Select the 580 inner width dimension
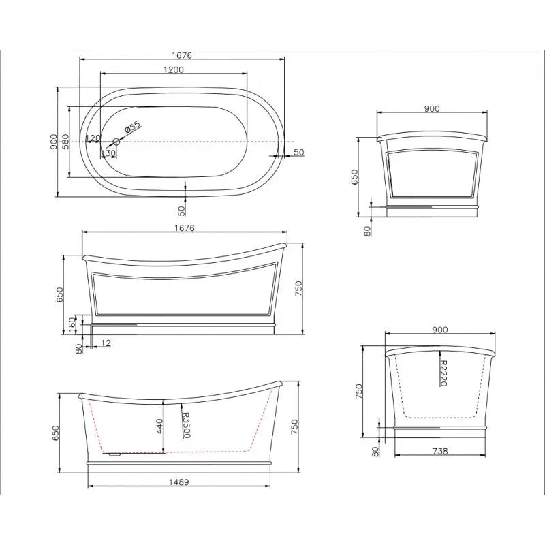[x=65, y=141]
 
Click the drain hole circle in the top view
[x=116, y=142]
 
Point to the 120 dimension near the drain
[x=93, y=138]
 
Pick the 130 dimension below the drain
[x=108, y=153]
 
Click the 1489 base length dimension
[x=181, y=482]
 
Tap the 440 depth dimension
[x=159, y=428]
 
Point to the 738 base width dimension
[x=440, y=452]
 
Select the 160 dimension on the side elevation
[x=73, y=321]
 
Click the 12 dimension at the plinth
[x=106, y=342]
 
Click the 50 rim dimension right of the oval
[x=298, y=152]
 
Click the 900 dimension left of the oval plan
[x=53, y=141]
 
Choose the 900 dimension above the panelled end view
[x=432, y=108]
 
